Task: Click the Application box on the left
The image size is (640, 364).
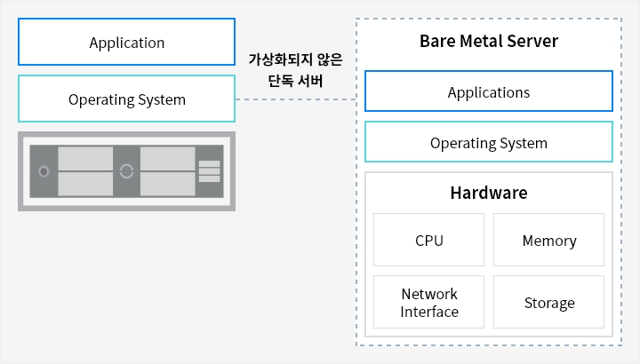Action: click(x=126, y=42)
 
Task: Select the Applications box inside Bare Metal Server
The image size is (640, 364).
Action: click(x=489, y=91)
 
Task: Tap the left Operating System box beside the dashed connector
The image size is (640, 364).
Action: click(x=126, y=99)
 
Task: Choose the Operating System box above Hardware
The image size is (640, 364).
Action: click(x=489, y=142)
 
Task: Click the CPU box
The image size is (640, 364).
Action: click(x=428, y=240)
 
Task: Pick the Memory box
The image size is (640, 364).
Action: click(x=548, y=240)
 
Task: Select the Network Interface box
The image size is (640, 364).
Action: click(x=428, y=302)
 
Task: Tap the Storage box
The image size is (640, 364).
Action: click(x=548, y=302)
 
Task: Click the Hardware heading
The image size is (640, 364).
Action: click(x=489, y=193)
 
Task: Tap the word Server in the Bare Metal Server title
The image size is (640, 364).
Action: click(x=532, y=41)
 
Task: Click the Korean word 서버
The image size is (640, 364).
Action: click(x=310, y=81)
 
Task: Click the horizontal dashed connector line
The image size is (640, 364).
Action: click(x=296, y=99)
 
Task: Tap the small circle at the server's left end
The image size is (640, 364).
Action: click(x=44, y=171)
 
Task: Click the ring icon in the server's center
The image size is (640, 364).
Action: click(x=126, y=171)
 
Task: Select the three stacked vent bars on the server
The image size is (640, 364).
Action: click(x=210, y=171)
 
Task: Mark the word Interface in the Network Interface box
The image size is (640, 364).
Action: click(x=429, y=312)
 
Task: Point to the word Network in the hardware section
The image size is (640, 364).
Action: click(x=429, y=294)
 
